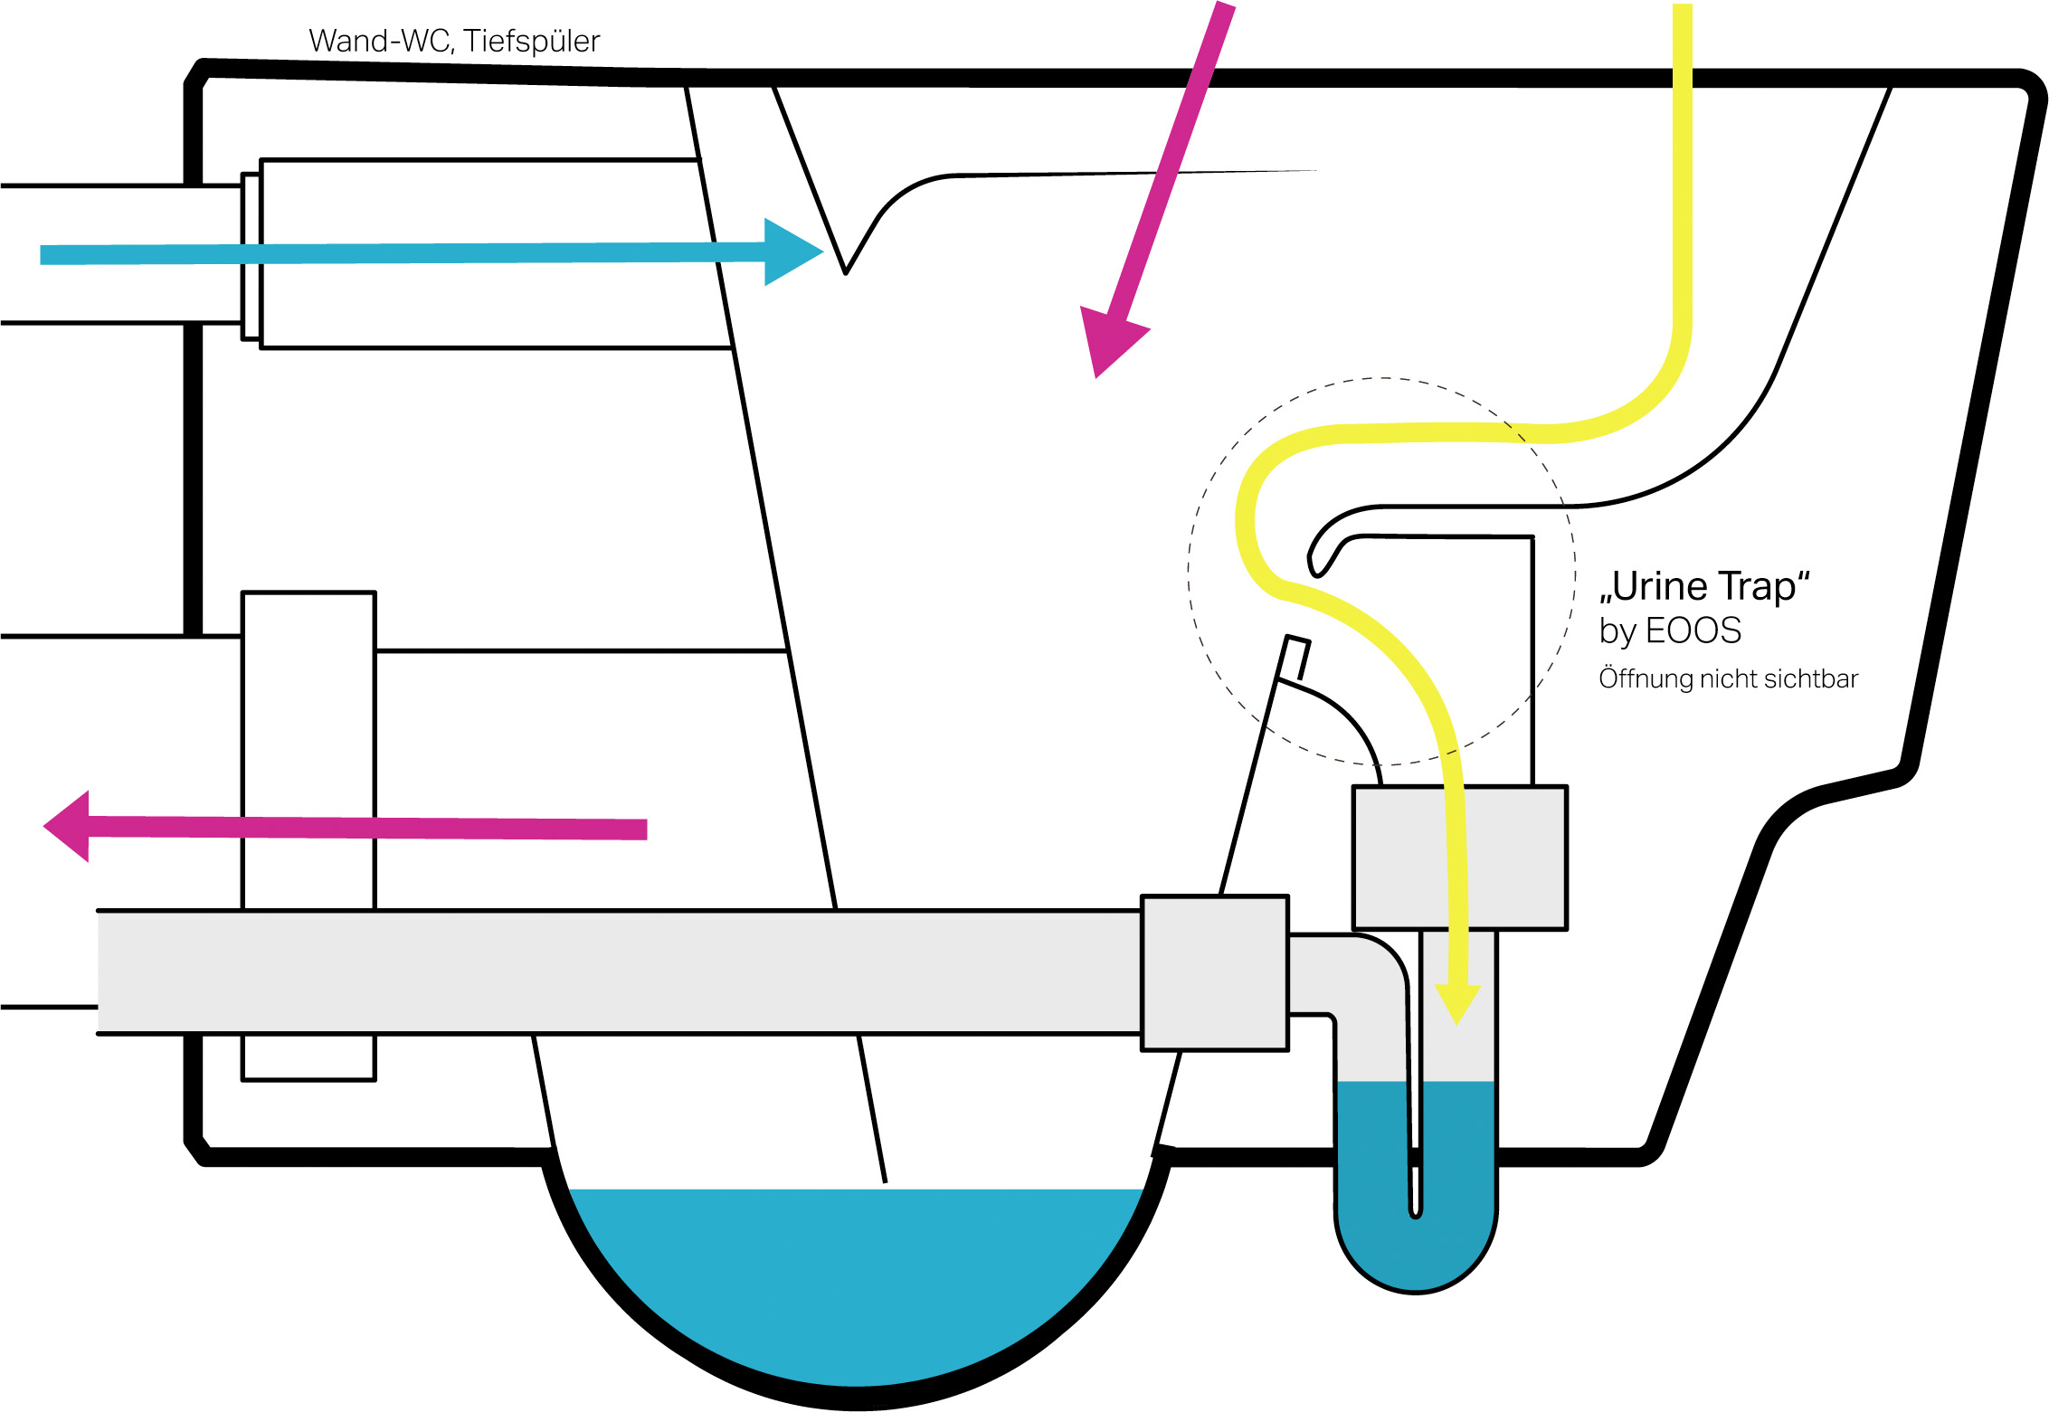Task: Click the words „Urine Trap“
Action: (1704, 586)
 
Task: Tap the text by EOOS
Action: (1670, 630)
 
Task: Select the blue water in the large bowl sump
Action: (855, 1285)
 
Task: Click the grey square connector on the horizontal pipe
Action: (1215, 972)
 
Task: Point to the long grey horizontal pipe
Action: (615, 972)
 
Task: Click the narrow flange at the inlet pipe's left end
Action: (251, 256)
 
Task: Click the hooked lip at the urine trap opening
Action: (1319, 561)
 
